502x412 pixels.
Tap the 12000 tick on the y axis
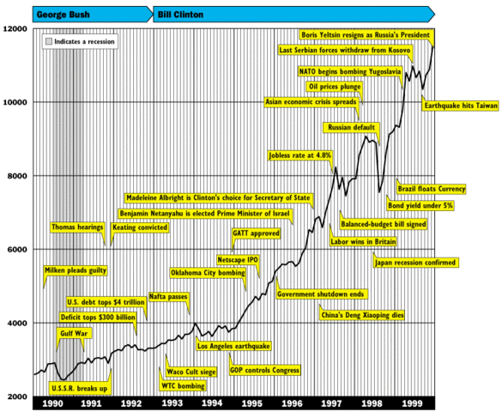point(15,29)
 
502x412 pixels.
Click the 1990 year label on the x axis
point(52,403)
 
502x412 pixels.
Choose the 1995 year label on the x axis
point(252,403)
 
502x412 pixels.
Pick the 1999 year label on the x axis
point(412,403)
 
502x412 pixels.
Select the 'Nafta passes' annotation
point(168,297)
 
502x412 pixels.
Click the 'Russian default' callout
point(350,128)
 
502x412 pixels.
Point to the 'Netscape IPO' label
point(238,259)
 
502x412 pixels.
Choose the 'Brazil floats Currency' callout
point(431,189)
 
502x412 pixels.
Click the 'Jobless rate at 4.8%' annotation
point(299,155)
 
